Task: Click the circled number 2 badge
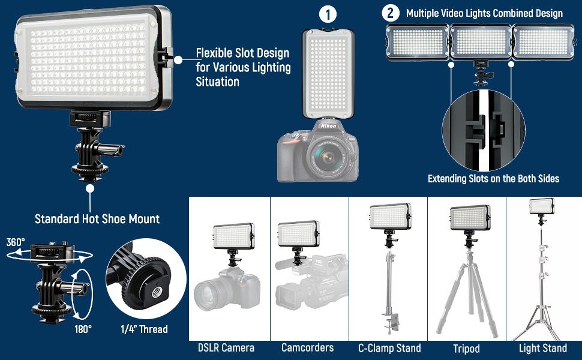(x=391, y=13)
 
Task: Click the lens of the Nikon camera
(x=326, y=158)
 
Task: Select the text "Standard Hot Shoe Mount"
(x=97, y=219)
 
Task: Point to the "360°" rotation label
(x=16, y=242)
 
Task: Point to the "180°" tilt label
(x=83, y=328)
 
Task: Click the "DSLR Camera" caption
(x=226, y=347)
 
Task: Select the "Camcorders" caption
(x=307, y=347)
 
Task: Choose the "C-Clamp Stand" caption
(x=389, y=347)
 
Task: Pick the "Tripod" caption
(x=466, y=348)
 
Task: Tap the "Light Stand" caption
(x=542, y=348)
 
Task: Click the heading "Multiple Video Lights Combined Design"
(x=484, y=13)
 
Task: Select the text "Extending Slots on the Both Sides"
(x=493, y=178)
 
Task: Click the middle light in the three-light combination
(x=481, y=42)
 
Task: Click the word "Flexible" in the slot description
(x=217, y=53)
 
